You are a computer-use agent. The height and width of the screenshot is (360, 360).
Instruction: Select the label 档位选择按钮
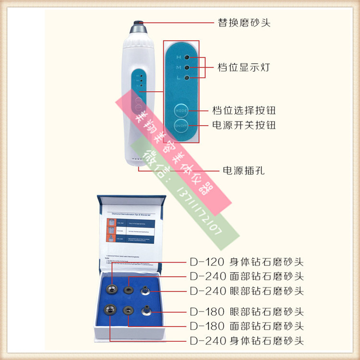(x=244, y=111)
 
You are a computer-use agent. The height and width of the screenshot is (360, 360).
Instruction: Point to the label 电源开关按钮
(x=244, y=125)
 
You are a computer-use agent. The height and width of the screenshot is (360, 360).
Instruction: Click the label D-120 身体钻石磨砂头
(x=247, y=263)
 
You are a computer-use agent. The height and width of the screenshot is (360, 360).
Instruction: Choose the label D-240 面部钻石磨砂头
(x=247, y=276)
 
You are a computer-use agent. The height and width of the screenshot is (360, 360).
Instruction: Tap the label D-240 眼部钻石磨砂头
(x=247, y=290)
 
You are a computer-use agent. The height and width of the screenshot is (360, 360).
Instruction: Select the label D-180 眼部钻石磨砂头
(x=247, y=312)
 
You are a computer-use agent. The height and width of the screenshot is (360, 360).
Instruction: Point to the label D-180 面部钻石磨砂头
(x=247, y=326)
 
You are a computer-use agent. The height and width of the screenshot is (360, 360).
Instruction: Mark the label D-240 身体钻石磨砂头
(x=247, y=341)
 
